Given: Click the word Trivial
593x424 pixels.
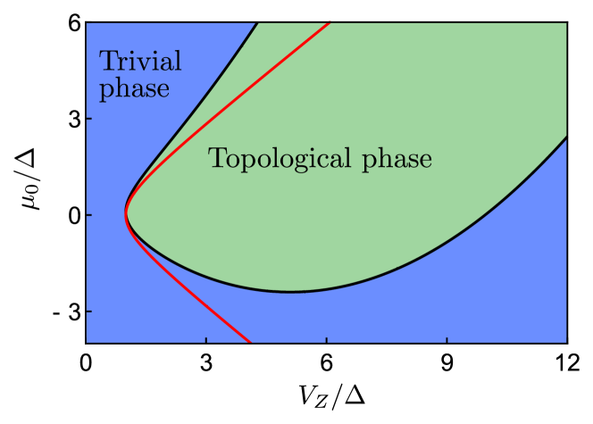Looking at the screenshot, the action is coord(140,62).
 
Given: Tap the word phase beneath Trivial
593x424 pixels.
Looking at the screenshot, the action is coord(134,89).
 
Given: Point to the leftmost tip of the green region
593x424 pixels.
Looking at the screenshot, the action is coord(127,214).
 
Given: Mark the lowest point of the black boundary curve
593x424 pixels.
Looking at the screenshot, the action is coord(290,291).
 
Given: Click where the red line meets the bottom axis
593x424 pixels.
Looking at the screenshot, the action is coord(249,341).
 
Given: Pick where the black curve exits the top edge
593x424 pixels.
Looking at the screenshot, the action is coord(257,22).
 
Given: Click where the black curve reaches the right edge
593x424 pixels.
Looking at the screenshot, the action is coord(565,137).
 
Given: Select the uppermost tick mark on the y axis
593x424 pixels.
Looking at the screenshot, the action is coord(89,118).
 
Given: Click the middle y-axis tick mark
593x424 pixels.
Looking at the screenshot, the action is coord(89,215).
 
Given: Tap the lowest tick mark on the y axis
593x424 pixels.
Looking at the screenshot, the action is coord(89,312).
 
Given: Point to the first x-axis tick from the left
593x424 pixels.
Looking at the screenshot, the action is coord(206,338).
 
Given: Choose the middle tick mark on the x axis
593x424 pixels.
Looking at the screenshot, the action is coord(327,338).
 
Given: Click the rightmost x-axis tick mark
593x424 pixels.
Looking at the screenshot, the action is coord(447,338).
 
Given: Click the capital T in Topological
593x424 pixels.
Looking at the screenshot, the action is coord(216,159).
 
